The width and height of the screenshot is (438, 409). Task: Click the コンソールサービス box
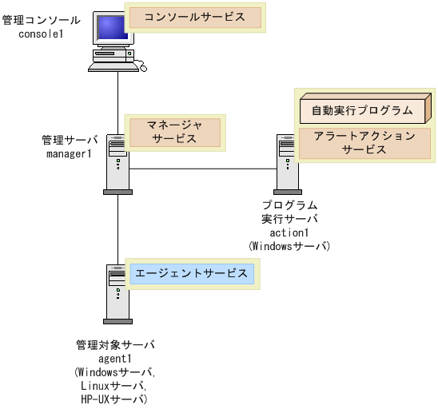click(195, 17)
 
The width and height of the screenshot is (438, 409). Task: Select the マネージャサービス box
click(174, 131)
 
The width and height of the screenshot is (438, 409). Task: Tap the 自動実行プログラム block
click(362, 109)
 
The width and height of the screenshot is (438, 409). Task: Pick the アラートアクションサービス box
click(364, 142)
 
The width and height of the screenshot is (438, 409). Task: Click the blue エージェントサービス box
click(191, 273)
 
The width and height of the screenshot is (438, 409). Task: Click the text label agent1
click(115, 359)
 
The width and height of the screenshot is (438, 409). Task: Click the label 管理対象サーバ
click(115, 345)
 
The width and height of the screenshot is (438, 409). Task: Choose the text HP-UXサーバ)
click(115, 399)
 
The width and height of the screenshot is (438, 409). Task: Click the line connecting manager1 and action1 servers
click(204, 169)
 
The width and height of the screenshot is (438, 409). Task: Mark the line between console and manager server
click(118, 104)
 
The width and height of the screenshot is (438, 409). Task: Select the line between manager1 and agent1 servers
click(118, 228)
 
